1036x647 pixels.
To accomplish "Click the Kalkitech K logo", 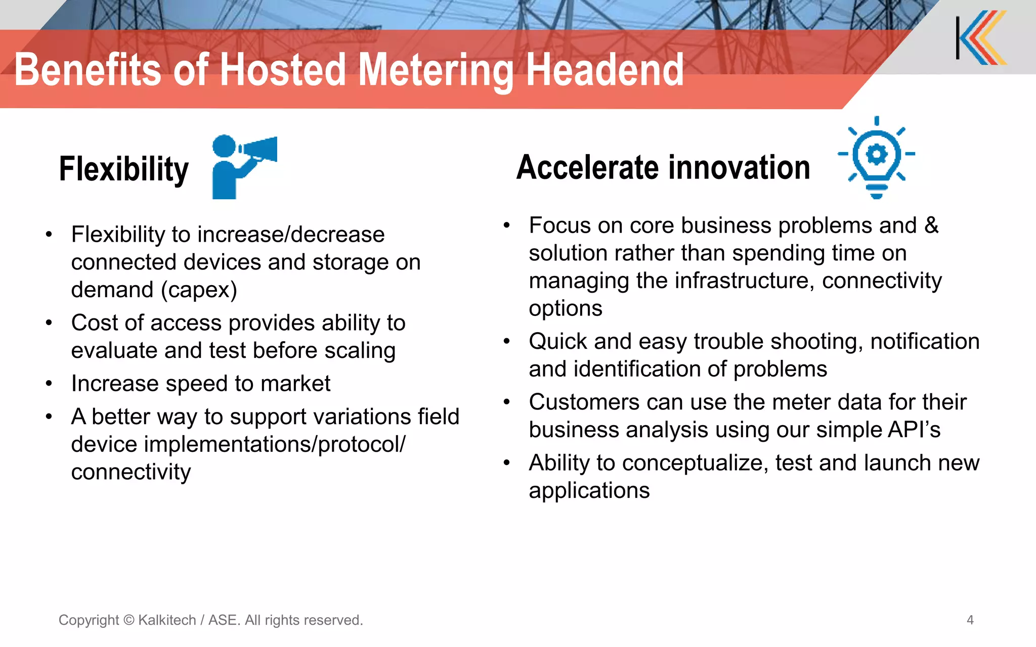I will point(981,38).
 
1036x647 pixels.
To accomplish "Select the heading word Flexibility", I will point(124,169).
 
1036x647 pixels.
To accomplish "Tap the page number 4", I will point(970,620).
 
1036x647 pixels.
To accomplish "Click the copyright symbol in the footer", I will point(128,620).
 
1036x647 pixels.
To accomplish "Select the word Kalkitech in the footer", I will point(167,620).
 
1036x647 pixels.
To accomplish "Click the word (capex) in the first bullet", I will point(199,290).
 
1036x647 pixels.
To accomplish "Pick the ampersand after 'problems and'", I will point(931,225).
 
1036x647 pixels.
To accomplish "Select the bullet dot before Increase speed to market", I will point(49,384).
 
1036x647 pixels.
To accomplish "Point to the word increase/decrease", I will point(291,235).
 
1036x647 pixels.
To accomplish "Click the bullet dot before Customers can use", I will point(506,402).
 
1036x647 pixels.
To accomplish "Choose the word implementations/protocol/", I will point(275,445).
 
